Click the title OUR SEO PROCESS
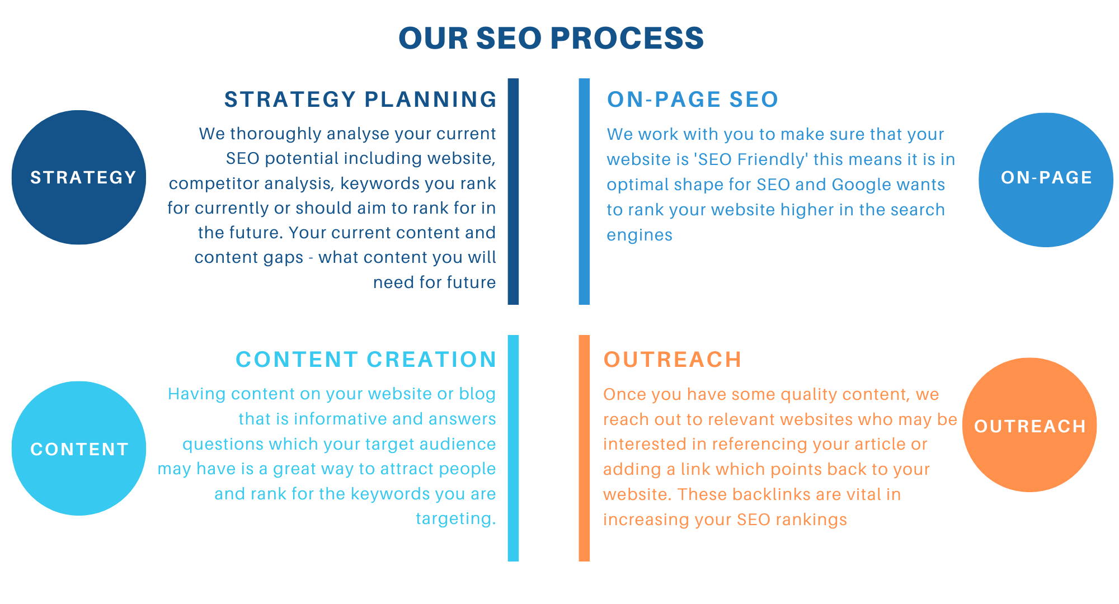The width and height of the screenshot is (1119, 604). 551,38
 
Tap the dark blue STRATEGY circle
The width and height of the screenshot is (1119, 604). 79,177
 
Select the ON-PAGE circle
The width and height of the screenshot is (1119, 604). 1046,180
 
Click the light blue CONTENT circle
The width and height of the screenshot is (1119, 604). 79,449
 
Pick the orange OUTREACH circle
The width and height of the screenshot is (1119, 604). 1029,425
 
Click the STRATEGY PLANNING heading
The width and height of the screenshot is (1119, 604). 360,100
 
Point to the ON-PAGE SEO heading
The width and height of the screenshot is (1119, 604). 693,100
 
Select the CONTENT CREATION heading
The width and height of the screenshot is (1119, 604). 366,360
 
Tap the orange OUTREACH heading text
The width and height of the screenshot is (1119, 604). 673,360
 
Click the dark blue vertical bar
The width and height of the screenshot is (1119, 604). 513,191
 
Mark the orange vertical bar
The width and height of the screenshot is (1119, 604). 584,448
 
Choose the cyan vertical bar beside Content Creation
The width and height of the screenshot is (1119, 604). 513,448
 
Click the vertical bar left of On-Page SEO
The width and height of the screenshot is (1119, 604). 584,191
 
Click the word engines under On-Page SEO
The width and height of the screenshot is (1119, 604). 640,235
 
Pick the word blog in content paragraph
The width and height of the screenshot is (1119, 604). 477,394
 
